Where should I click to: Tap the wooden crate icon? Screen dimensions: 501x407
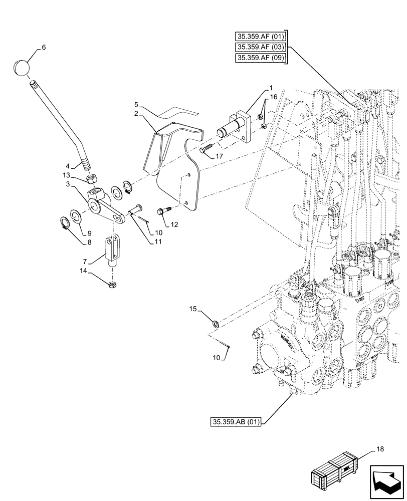tap(335, 469)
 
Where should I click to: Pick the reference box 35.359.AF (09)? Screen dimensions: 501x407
tap(260, 58)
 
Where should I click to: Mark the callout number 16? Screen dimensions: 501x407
tap(273, 111)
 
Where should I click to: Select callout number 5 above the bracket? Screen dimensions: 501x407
tap(136, 105)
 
